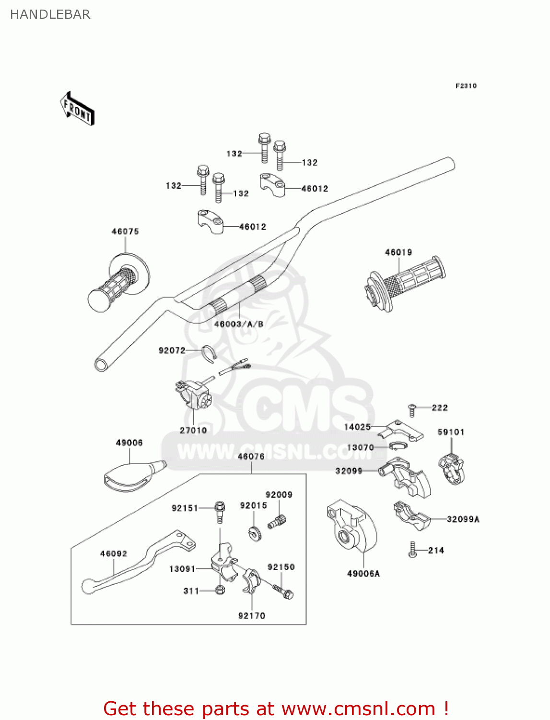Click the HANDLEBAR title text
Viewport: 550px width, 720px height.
point(50,14)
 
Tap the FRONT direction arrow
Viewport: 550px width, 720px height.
point(77,109)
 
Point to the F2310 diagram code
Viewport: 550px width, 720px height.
point(466,86)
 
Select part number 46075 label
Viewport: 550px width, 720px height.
point(125,231)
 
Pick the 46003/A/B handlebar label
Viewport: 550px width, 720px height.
point(239,324)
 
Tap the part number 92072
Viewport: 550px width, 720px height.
point(172,350)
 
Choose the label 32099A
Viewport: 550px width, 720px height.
point(463,519)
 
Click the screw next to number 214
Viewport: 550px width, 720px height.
point(412,550)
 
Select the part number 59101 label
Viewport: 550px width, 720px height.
point(451,432)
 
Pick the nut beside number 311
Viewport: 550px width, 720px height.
point(220,590)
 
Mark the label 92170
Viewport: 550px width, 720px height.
point(252,615)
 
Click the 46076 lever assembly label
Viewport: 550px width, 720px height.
point(251,456)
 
